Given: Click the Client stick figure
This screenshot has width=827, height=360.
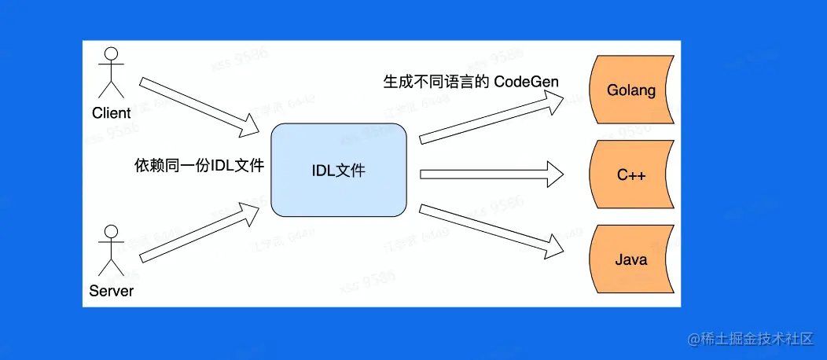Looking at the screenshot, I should (x=111, y=72).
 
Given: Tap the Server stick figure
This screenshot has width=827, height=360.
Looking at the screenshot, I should (x=111, y=251).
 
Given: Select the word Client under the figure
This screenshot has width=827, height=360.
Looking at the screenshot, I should (x=111, y=113).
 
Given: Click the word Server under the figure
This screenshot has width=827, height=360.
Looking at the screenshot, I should (x=111, y=291).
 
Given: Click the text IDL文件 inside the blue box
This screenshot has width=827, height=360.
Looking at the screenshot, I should (x=339, y=171).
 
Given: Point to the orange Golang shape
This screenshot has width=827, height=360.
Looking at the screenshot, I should (x=631, y=90).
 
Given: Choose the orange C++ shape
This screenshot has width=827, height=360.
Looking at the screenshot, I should (x=631, y=174).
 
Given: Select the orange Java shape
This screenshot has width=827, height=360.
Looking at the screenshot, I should (x=631, y=259).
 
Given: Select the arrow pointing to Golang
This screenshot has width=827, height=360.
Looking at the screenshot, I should (x=491, y=117).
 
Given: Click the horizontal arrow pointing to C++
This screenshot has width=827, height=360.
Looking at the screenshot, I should (x=491, y=174).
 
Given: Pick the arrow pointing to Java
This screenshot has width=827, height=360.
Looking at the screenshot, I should (x=491, y=230).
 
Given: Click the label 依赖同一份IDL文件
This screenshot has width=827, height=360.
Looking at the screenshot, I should (x=198, y=166).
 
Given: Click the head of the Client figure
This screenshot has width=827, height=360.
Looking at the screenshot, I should (x=111, y=54).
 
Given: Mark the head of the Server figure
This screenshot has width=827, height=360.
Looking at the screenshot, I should (x=111, y=233).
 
